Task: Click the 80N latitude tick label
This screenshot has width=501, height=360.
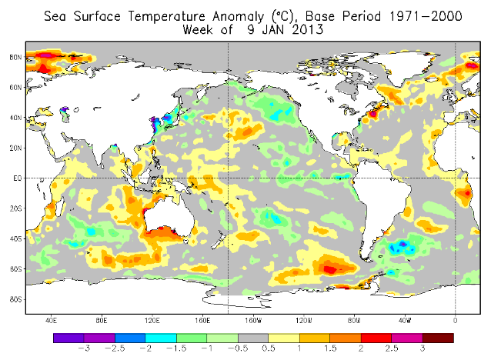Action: [15, 56]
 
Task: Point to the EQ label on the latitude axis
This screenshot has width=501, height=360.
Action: [15, 178]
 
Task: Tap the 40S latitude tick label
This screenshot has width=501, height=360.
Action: [15, 238]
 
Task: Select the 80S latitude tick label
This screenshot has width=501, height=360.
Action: [15, 299]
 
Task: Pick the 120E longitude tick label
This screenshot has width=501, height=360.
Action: [152, 320]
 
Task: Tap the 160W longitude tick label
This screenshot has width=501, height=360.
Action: [253, 320]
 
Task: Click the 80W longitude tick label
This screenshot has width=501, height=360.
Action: [354, 320]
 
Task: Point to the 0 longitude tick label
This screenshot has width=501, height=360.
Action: [456, 320]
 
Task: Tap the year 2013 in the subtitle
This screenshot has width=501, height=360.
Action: [304, 29]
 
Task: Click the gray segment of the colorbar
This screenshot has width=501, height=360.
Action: [253, 337]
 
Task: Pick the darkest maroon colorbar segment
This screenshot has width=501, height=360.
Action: [438, 337]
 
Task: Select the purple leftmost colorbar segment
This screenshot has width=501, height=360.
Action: [68, 337]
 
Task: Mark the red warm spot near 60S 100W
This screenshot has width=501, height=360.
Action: [329, 268]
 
